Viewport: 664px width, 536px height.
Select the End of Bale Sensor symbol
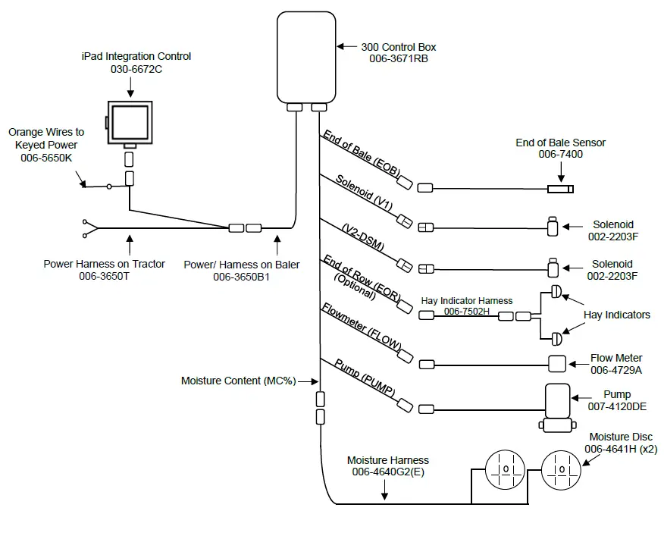[562, 189]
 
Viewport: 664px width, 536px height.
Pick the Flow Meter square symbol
[557, 364]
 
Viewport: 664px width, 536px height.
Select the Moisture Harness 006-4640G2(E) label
[387, 465]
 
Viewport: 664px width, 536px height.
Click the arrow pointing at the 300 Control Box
[346, 47]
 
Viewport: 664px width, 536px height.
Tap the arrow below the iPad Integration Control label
[130, 88]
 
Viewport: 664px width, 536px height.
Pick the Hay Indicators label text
[616, 315]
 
